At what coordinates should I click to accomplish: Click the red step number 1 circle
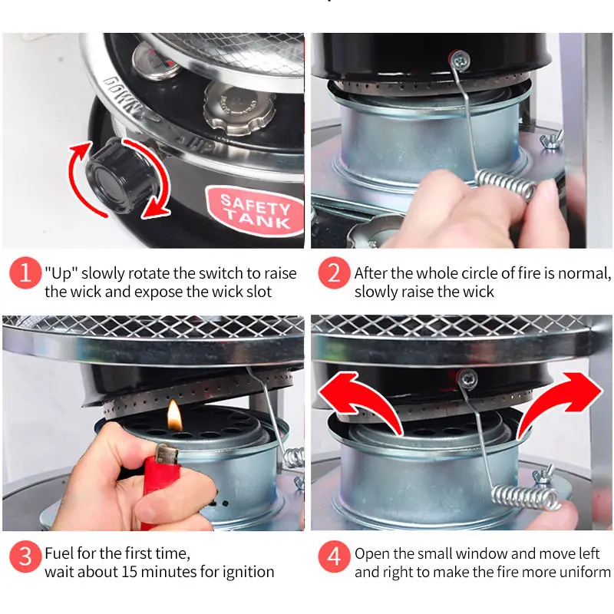click(25, 272)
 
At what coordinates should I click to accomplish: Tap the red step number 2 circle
click(334, 272)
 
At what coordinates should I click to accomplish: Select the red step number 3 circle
click(25, 556)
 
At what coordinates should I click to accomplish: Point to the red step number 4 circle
click(334, 556)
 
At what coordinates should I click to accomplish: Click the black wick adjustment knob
click(117, 176)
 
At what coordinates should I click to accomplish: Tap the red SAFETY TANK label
click(255, 212)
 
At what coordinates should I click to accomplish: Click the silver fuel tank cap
click(239, 107)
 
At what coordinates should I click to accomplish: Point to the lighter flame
click(175, 416)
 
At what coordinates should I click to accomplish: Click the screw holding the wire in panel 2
click(460, 61)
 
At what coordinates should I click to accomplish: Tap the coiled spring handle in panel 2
click(506, 183)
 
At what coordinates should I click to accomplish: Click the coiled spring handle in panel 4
click(525, 497)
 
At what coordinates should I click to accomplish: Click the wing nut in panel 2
click(552, 140)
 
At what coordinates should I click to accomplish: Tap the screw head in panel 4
click(469, 378)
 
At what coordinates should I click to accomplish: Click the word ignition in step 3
click(248, 572)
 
